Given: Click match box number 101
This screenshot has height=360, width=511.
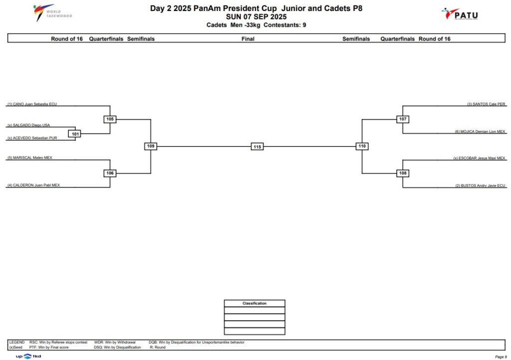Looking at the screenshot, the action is [x=75, y=134].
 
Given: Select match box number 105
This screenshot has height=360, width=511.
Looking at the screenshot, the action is [x=110, y=119].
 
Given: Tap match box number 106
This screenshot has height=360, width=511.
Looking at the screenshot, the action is [x=110, y=173].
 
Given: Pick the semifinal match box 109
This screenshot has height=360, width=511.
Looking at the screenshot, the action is [x=151, y=146].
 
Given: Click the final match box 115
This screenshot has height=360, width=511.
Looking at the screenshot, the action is [x=257, y=147].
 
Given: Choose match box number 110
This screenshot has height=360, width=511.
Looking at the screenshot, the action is [x=362, y=146].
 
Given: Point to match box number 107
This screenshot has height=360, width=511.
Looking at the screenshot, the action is [x=403, y=119].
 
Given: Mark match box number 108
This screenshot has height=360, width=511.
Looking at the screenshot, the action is [x=403, y=173].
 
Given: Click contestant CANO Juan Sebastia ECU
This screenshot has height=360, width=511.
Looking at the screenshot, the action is [x=32, y=104].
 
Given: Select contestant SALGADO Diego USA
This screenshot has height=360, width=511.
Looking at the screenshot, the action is [x=28, y=125].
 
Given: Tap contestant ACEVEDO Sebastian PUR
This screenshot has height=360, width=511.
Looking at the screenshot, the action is [x=32, y=138].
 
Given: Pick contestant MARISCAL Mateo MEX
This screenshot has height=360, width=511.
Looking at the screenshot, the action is [x=29, y=158].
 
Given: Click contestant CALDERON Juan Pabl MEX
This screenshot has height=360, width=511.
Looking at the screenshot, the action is [x=33, y=185].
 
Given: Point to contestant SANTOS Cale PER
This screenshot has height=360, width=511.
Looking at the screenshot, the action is [x=486, y=104].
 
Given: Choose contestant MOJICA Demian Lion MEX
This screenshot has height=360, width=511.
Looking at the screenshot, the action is [x=480, y=132].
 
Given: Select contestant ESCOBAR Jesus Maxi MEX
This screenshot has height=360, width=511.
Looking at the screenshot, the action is [x=479, y=158].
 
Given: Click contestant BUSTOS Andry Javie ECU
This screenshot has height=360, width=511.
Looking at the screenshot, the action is [x=480, y=186].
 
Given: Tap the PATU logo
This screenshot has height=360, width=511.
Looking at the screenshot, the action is [x=460, y=14].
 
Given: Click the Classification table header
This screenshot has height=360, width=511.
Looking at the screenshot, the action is [x=255, y=303].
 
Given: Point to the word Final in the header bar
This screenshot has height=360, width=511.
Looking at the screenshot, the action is [x=248, y=39].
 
